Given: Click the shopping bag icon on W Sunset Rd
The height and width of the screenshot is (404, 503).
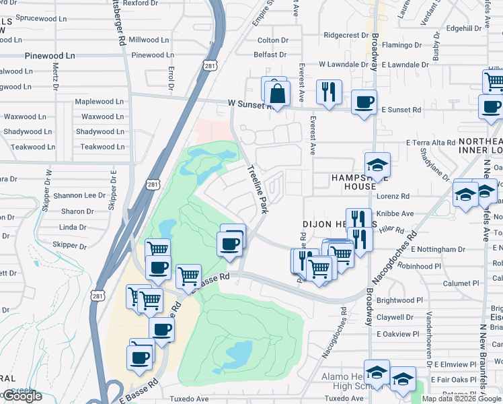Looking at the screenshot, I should pyautogui.click(x=276, y=93).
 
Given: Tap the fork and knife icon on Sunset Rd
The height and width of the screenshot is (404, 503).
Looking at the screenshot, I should pyautogui.click(x=329, y=92).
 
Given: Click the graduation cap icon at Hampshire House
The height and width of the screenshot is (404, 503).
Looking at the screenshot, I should pyautogui.click(x=377, y=164).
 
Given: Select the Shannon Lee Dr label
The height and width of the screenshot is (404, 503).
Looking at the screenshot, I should pyautogui.click(x=79, y=195).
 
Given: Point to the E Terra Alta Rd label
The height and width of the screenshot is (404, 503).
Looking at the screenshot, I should pyautogui.click(x=431, y=143).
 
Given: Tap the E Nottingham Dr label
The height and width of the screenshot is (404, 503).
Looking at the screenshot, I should pyautogui.click(x=437, y=249).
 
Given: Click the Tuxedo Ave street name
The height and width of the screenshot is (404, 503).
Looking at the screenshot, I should pyautogui.click(x=190, y=398).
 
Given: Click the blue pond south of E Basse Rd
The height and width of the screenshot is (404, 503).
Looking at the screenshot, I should pyautogui.click(x=237, y=351).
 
